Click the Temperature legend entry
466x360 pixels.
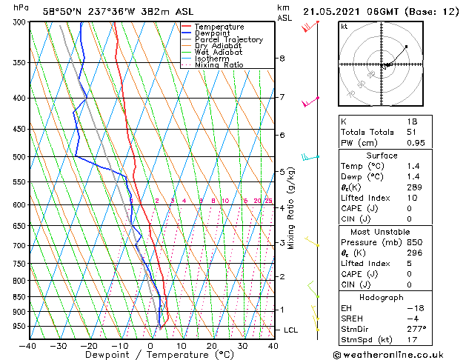pos(219,27)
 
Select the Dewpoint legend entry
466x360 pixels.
pos(215,33)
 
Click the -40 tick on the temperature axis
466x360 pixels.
pos(28,345)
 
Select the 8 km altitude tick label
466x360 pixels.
pos(282,58)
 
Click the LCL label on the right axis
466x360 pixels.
pos(291,330)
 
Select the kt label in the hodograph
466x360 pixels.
pos(344,26)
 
